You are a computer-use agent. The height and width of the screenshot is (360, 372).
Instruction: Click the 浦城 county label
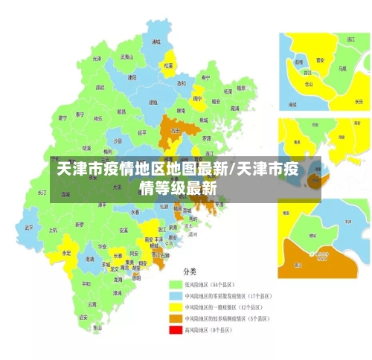tap(155, 42)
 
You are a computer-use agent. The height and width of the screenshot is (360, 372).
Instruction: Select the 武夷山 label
tap(126, 57)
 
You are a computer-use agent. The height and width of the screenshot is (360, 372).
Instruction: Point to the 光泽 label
tap(97, 58)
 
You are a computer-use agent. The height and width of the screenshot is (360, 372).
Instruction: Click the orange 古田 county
tap(176, 129)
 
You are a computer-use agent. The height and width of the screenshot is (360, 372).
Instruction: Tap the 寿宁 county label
tap(206, 77)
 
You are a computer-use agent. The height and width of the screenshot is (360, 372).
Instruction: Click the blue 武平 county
tap(29, 228)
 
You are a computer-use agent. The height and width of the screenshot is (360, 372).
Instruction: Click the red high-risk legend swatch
tap(176, 328)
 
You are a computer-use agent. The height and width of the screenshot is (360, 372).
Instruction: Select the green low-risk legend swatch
tap(176, 284)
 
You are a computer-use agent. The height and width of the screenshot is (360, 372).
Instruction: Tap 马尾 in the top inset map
tap(341, 68)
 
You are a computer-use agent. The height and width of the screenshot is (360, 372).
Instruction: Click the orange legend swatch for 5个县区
tap(176, 317)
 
